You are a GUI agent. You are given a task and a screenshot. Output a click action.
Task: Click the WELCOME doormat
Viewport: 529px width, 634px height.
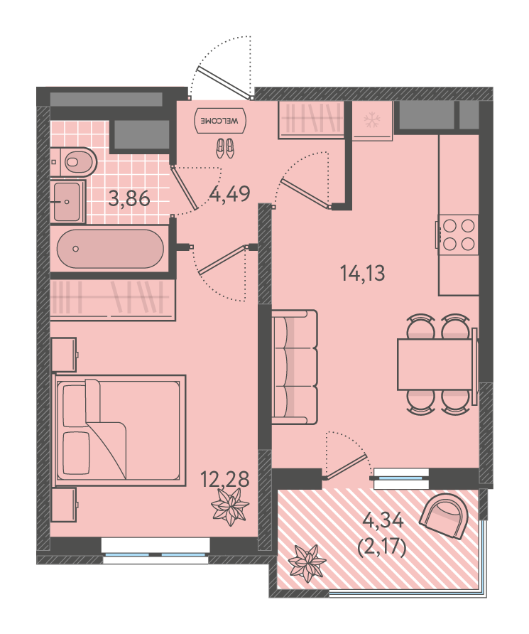click(220, 121)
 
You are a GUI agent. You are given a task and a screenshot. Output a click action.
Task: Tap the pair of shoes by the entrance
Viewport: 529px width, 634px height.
click(225, 148)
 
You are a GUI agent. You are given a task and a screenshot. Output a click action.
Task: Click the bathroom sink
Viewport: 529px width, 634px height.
click(67, 202)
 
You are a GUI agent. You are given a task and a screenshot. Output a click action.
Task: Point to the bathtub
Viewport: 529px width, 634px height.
click(110, 249)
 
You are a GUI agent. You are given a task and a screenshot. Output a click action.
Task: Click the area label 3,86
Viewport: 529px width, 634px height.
click(129, 199)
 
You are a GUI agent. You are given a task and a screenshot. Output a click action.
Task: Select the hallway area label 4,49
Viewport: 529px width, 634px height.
click(230, 194)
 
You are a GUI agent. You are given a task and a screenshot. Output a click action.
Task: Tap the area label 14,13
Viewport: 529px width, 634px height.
click(363, 273)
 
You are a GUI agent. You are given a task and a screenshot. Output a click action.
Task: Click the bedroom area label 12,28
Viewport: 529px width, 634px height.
click(225, 480)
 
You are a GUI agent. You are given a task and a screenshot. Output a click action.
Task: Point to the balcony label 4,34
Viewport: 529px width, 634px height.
click(383, 520)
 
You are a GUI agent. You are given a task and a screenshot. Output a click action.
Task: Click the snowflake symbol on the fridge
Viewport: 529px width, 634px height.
click(371, 120)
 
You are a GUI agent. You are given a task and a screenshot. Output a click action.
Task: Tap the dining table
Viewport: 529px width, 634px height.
click(435, 365)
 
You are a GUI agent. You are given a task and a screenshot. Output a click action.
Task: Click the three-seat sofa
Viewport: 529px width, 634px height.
click(295, 367)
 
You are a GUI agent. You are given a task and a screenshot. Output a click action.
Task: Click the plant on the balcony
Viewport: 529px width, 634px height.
click(308, 563)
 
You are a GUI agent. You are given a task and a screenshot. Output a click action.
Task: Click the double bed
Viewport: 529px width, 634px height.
click(120, 430)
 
